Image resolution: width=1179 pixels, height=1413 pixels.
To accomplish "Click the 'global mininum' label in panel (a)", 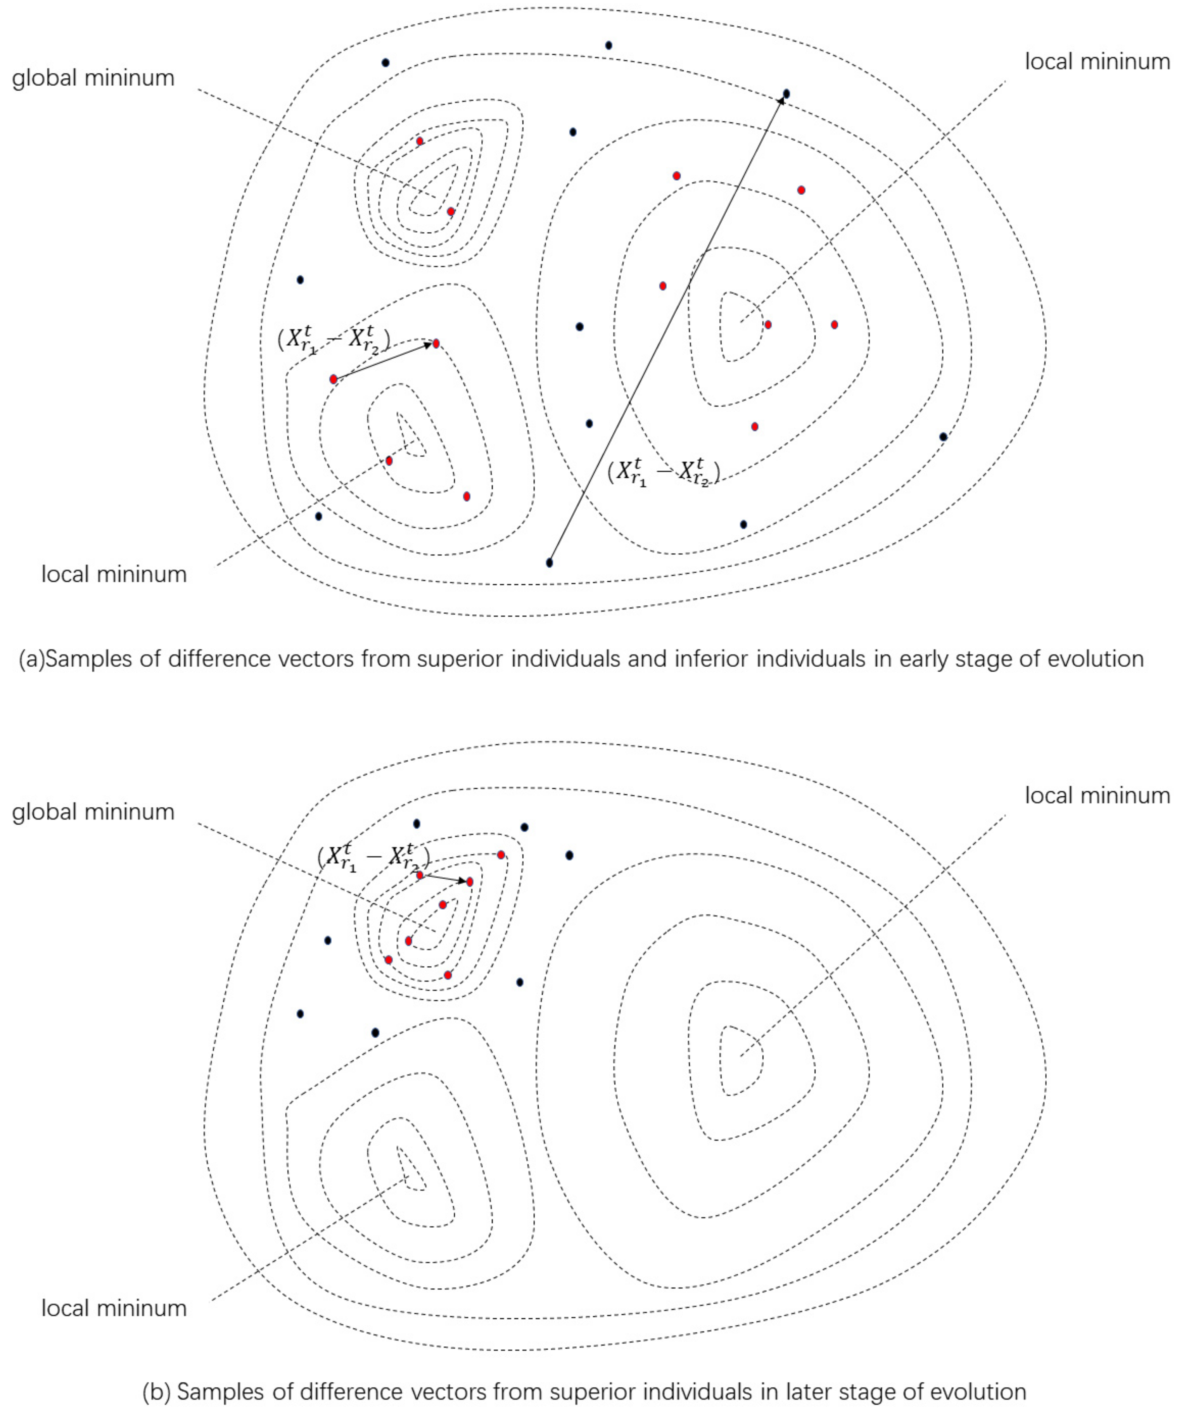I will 93,78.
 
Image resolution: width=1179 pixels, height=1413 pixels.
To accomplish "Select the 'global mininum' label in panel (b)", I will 93,812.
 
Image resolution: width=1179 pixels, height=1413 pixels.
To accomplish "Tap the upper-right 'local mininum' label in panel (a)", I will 1097,62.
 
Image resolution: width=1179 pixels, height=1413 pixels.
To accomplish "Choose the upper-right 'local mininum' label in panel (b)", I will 1097,796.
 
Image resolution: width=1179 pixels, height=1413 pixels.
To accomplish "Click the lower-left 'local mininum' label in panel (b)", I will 114,1309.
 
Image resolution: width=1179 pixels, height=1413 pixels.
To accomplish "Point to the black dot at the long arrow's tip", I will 786,93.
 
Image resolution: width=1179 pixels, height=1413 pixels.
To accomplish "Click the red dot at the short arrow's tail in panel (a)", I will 333,380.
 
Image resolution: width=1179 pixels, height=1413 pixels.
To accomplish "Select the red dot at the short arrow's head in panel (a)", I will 436,344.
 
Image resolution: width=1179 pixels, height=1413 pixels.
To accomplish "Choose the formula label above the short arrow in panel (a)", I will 334,339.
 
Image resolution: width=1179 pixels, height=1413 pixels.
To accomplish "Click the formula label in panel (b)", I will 373,858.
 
